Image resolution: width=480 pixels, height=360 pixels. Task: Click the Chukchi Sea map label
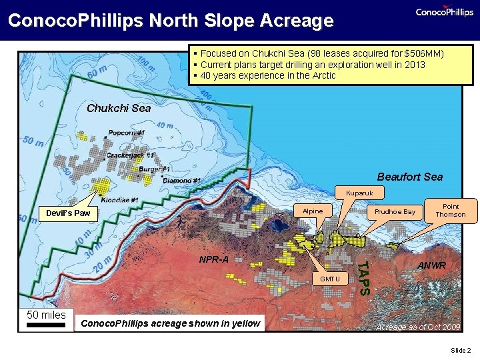(119, 108)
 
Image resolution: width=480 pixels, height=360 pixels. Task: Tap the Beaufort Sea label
(409, 177)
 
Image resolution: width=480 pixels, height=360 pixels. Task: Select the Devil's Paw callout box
(68, 214)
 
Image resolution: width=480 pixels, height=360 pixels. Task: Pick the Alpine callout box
(313, 211)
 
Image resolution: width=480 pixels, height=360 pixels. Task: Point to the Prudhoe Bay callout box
(395, 212)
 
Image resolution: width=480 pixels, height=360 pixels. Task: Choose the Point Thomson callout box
(451, 211)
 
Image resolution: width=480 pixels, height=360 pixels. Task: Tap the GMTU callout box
(329, 278)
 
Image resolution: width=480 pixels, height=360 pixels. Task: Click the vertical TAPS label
(363, 277)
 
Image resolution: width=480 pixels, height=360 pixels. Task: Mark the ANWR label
(432, 265)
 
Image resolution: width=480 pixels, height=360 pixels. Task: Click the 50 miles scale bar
(46, 319)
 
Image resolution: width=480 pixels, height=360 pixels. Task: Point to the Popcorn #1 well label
(127, 133)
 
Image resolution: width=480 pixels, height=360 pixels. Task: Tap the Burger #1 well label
(155, 169)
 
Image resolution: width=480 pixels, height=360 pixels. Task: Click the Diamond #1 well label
(182, 181)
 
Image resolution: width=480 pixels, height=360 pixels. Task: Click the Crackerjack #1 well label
(131, 155)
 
